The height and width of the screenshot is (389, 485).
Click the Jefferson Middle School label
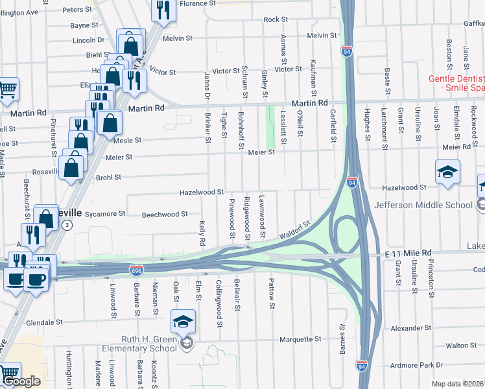pyautogui.click(x=424, y=206)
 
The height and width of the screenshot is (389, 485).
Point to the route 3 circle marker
pyautogui.click(x=67, y=224)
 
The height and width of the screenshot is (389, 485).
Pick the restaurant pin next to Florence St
pyautogui.click(x=162, y=10)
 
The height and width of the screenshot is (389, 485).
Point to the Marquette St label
pyautogui.click(x=300, y=339)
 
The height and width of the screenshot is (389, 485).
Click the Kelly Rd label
pyautogui.click(x=202, y=233)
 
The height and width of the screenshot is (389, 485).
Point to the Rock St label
pyautogui.click(x=276, y=20)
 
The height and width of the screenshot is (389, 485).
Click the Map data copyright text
pyautogui.click(x=458, y=384)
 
